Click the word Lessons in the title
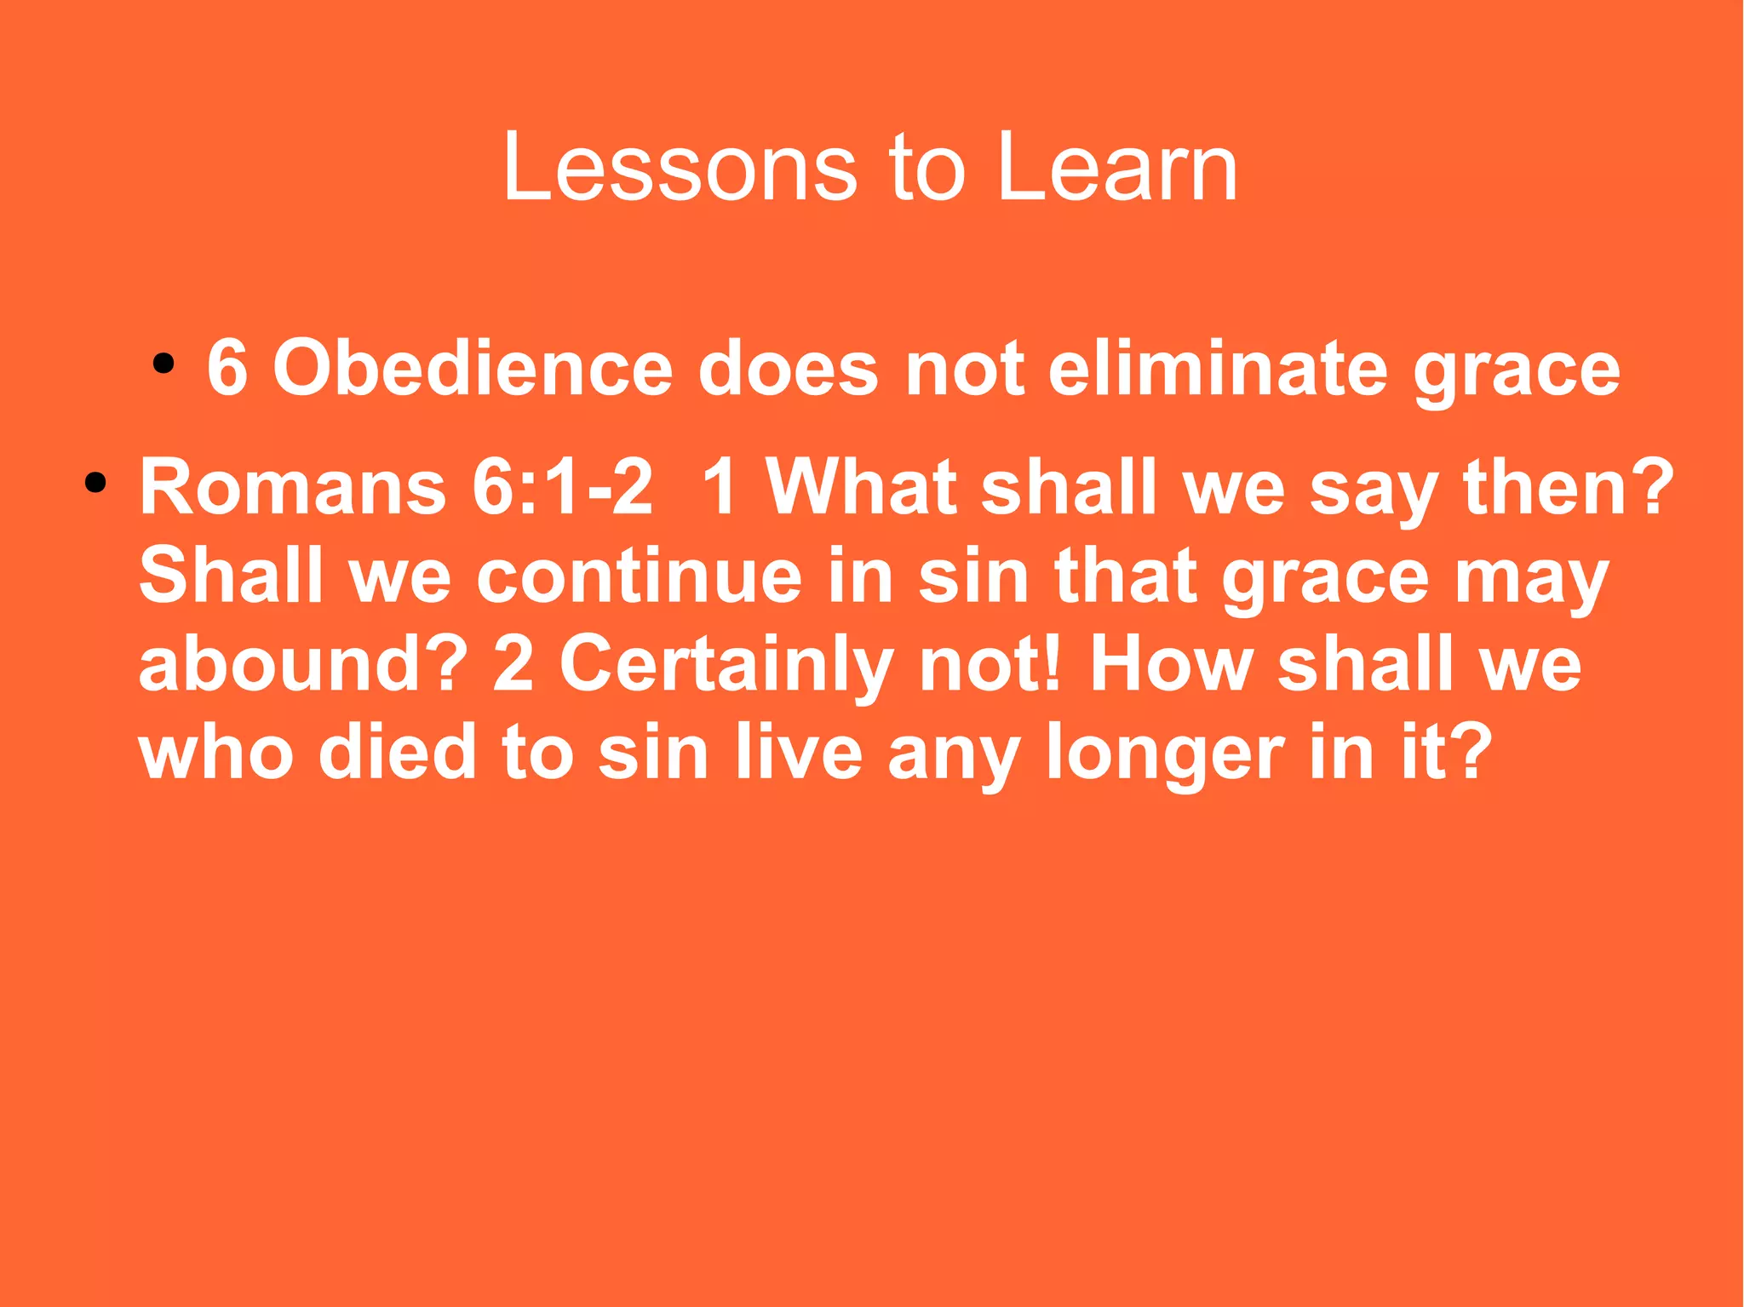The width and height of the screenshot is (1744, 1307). pyautogui.click(x=679, y=168)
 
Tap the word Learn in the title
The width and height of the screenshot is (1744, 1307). pyautogui.click(x=1116, y=168)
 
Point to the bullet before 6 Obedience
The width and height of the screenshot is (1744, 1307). pyautogui.click(x=163, y=365)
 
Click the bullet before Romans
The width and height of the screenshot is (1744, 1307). pyautogui.click(x=95, y=484)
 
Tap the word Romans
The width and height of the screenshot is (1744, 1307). pyautogui.click(x=292, y=489)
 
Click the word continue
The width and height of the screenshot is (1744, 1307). pyautogui.click(x=639, y=577)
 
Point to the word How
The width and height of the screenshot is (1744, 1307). pyautogui.click(x=1171, y=665)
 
